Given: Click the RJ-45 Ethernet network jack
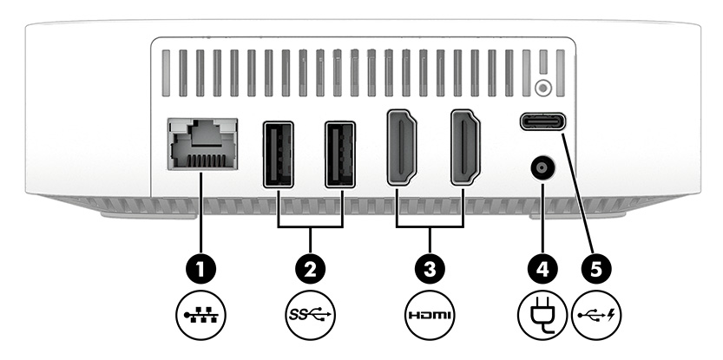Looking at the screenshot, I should click(201, 143).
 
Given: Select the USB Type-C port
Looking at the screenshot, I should click(544, 121).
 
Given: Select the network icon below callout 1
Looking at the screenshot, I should click(201, 313).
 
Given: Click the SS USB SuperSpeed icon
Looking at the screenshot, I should click(310, 313).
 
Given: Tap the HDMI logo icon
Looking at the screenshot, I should click(431, 313).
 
